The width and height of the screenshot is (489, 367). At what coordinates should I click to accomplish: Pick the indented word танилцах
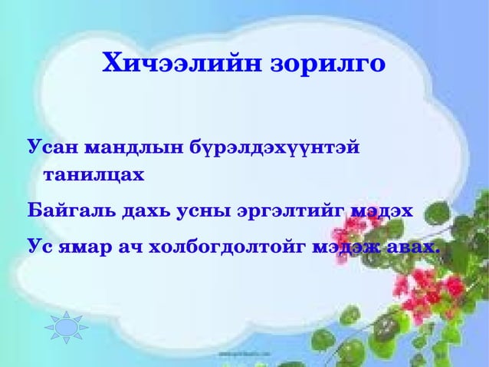[x=92, y=174]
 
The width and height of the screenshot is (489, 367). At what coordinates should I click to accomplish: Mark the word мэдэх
[x=381, y=210]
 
